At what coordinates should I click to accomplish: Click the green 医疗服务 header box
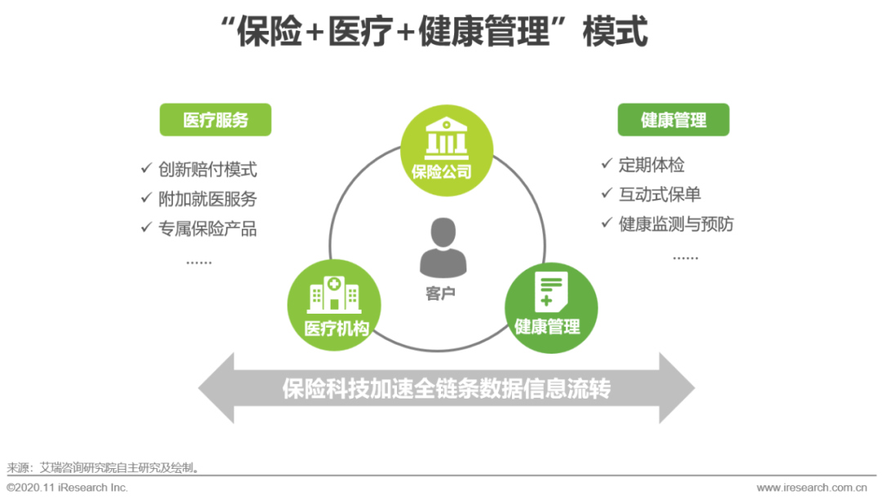coord(215,120)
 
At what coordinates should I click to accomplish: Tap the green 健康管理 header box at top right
coord(673,120)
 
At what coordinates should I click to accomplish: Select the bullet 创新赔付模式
coord(207,170)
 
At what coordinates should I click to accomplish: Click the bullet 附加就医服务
coord(207,198)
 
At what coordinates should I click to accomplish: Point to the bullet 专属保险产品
coord(207,229)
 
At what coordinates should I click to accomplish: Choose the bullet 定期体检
coord(651,165)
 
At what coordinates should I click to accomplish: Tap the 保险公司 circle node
coord(447,150)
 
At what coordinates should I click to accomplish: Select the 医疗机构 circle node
coord(334,303)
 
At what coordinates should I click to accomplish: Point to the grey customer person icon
coord(442,248)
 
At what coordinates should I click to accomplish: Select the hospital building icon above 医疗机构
coord(334,292)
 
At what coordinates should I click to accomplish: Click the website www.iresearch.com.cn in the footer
coord(811,488)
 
